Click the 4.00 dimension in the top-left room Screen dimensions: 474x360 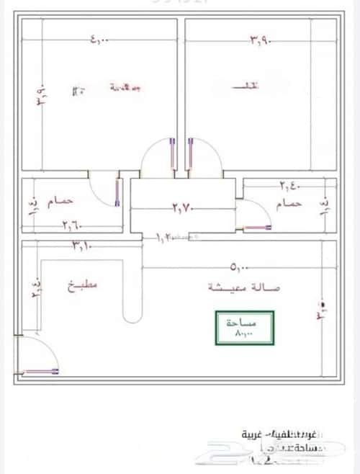coord(99,41)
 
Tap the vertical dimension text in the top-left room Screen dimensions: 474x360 coord(41,95)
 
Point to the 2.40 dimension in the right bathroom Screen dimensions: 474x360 coord(289,187)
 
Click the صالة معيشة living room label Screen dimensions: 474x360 coord(237,287)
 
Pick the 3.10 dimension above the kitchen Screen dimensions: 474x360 coord(81,247)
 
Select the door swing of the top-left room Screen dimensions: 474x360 coord(157,155)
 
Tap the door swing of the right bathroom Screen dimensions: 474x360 coord(252,216)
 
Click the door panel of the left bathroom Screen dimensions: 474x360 coord(117,192)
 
